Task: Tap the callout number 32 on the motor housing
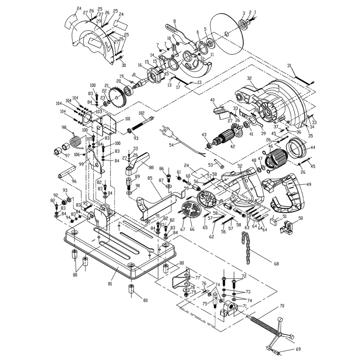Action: [x=249, y=78]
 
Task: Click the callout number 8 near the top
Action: [x=174, y=22]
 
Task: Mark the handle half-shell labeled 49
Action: [x=284, y=191]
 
